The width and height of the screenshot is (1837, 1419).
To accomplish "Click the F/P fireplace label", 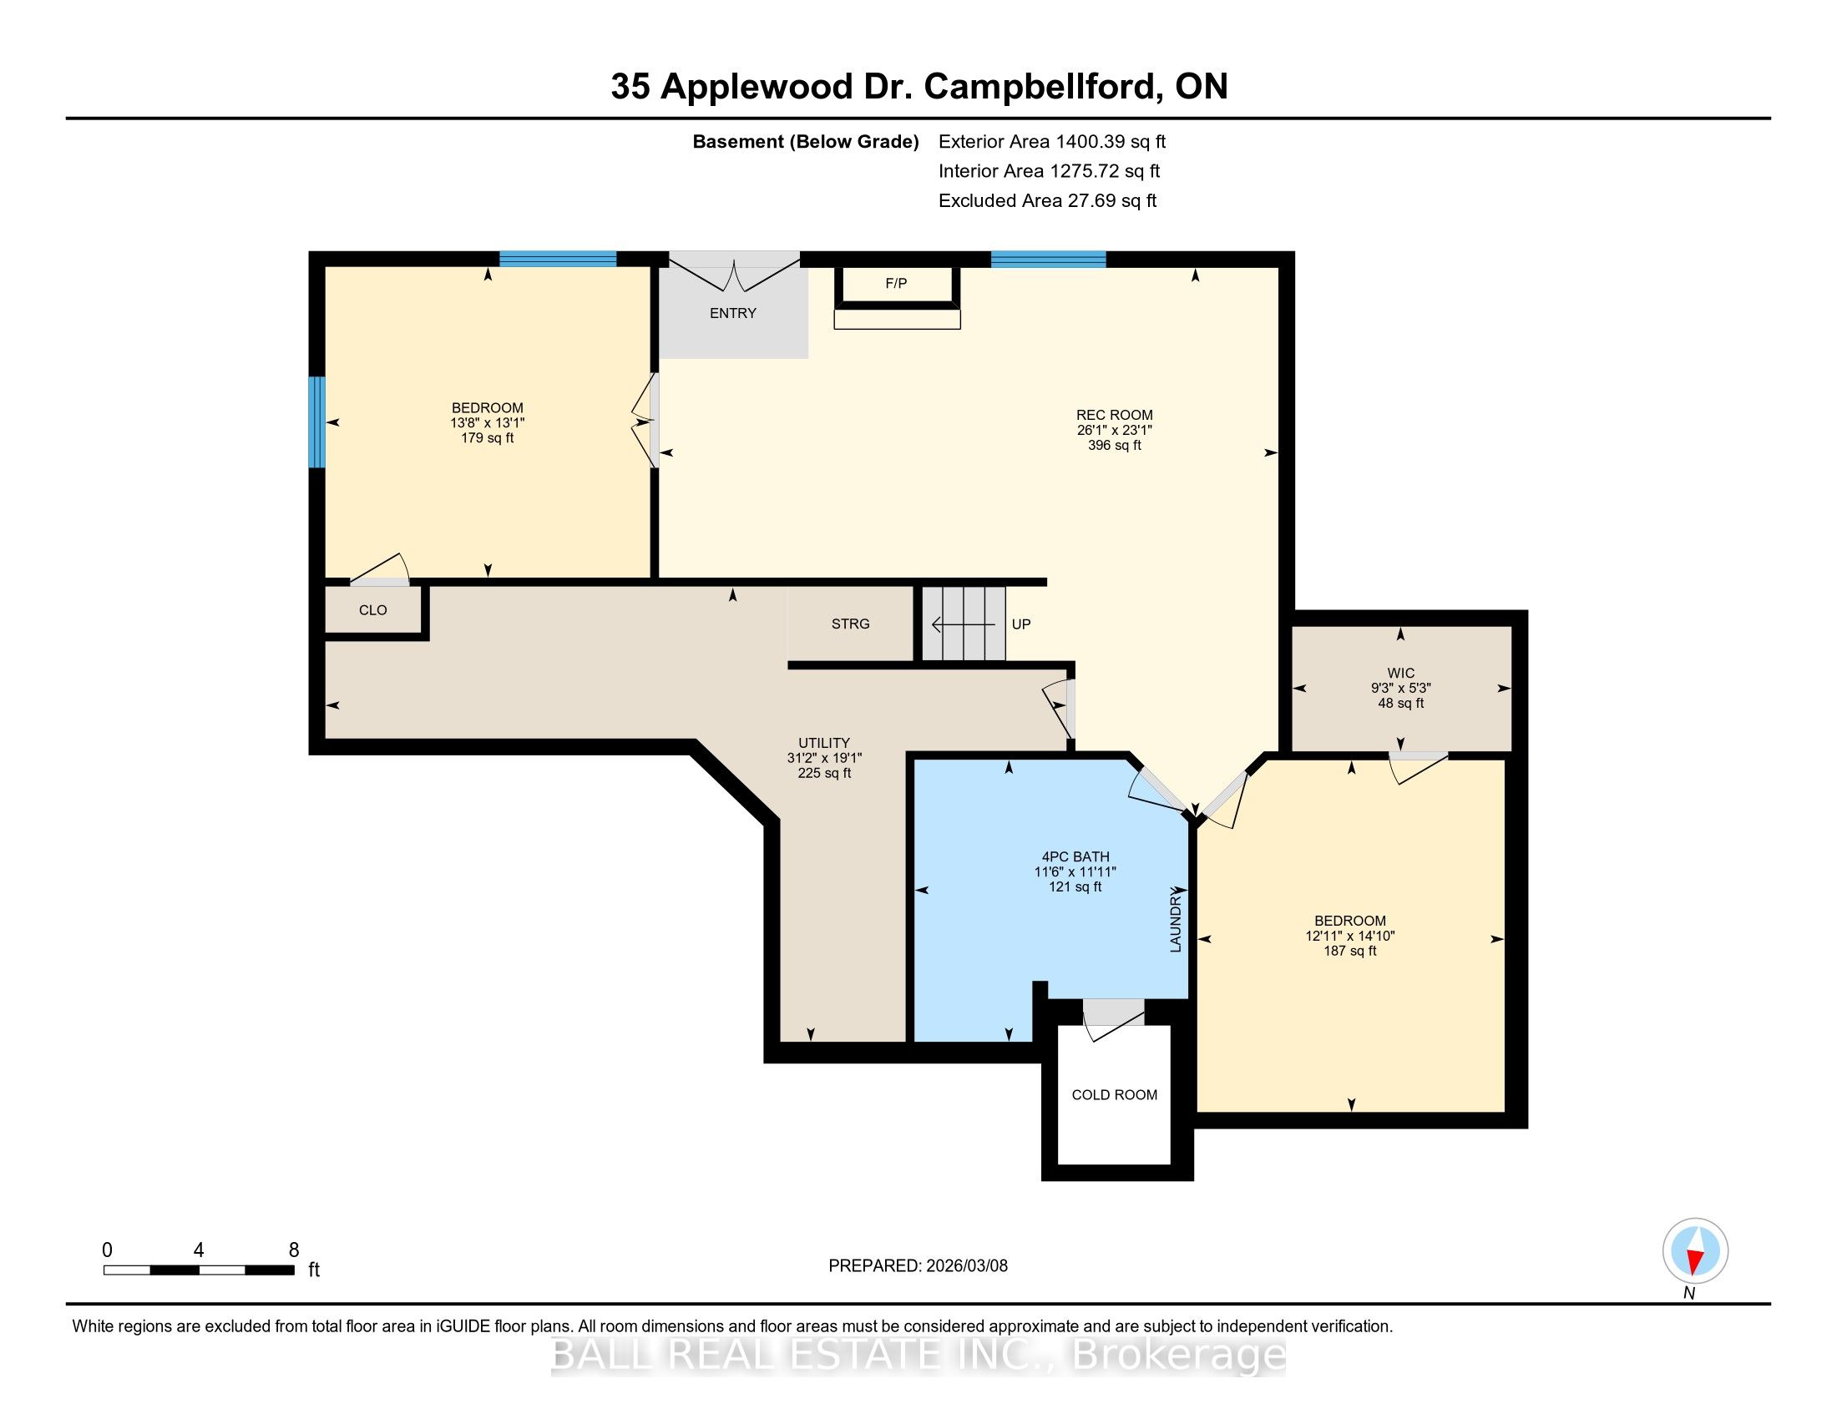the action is click(x=896, y=283).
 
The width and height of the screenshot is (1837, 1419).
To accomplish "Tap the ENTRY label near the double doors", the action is click(x=732, y=313).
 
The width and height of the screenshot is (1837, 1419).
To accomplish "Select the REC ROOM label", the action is click(x=1114, y=415).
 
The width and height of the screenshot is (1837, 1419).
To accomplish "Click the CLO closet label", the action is click(x=372, y=610).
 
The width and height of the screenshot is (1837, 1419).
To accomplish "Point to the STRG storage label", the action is click(x=850, y=624).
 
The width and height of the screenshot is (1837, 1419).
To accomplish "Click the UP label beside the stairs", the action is click(x=1021, y=624).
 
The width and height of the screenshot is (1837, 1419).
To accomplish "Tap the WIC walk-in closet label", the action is click(x=1400, y=673).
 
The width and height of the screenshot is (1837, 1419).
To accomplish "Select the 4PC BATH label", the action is click(x=1075, y=856).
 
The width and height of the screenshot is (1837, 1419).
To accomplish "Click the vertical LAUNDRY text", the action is click(x=1176, y=922).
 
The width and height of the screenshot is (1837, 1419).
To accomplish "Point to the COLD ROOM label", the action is click(x=1114, y=1094).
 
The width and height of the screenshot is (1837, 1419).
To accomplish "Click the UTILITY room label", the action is click(x=823, y=742).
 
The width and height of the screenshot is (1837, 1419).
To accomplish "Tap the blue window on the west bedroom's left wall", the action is click(x=316, y=422).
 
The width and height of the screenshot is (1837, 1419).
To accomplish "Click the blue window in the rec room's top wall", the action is click(x=1048, y=259).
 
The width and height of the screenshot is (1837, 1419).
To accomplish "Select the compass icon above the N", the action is click(x=1695, y=1251).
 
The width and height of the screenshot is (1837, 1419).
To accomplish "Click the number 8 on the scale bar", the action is click(x=294, y=1250).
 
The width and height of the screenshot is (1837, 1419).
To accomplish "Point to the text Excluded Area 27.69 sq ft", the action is click(x=1047, y=201).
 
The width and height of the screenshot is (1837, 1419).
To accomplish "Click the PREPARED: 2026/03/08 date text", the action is click(x=918, y=1266).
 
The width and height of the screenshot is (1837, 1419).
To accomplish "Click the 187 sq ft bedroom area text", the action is click(x=1350, y=951).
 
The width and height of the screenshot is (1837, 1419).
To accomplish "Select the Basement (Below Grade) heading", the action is click(x=805, y=142).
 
